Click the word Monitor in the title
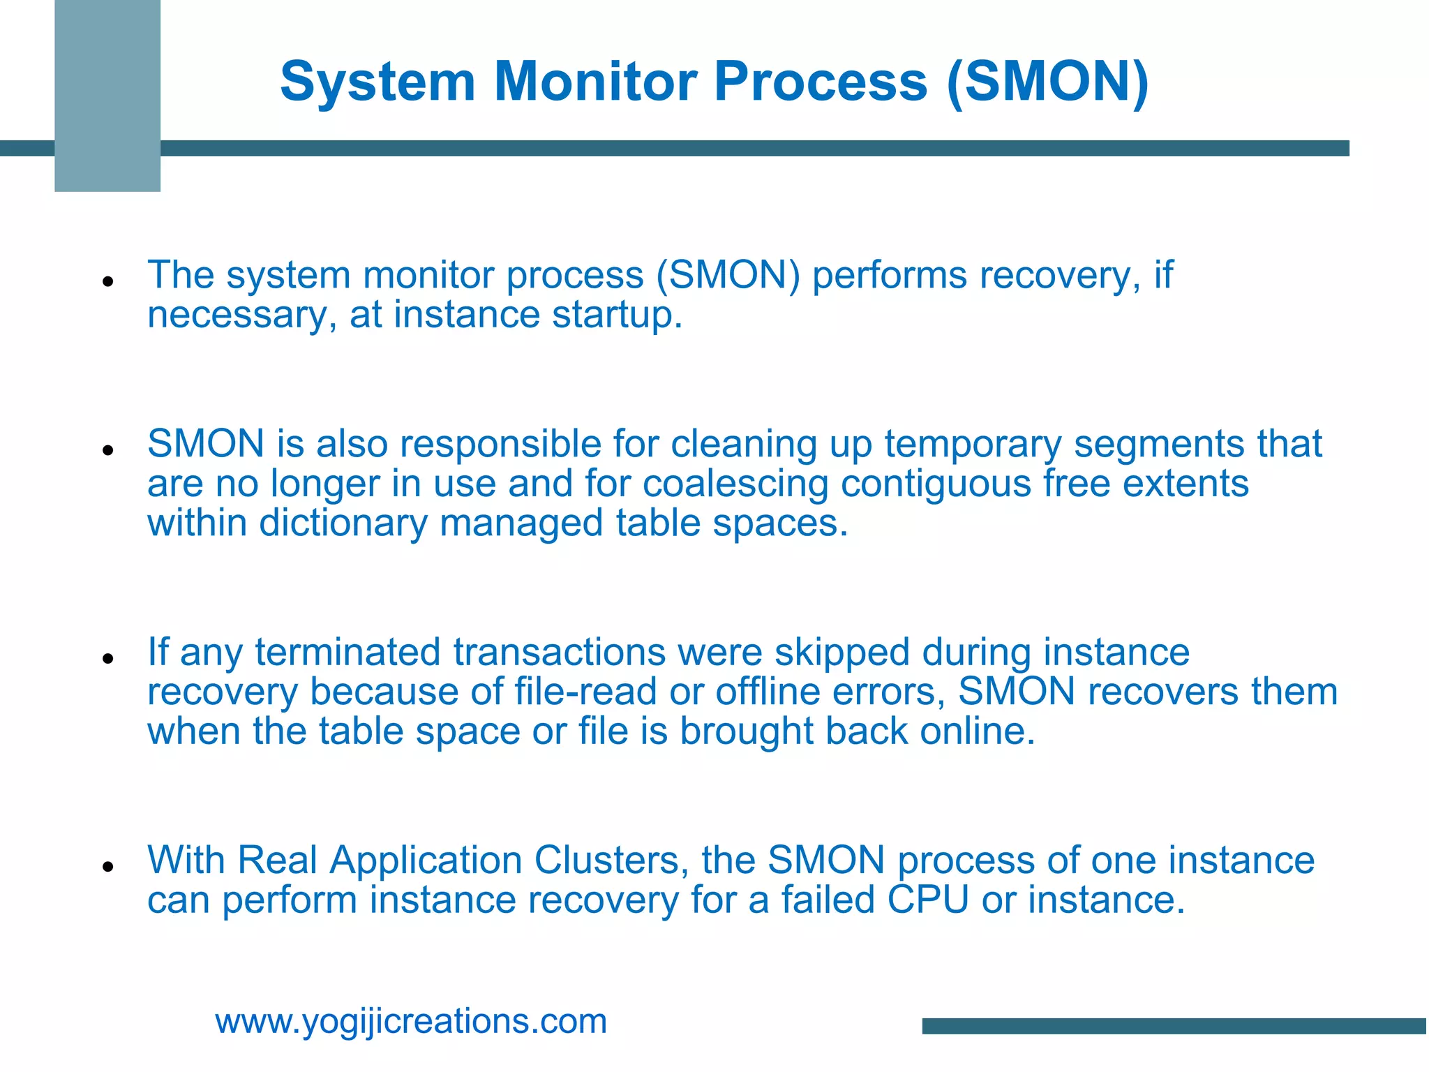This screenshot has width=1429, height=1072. coord(596,82)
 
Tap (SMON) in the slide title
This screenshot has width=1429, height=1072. coord(1047,82)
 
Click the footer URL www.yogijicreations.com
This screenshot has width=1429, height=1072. coord(411,1022)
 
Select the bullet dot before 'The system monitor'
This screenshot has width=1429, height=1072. coord(107,282)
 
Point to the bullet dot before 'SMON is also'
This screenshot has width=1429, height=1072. coord(107,451)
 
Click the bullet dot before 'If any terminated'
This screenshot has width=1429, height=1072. coord(107,658)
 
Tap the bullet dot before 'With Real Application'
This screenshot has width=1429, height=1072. coord(107,867)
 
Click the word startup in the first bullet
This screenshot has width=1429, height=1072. coord(617,315)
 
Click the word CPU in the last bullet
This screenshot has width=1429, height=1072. coord(928,900)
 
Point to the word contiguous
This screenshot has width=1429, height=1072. coord(936,484)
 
